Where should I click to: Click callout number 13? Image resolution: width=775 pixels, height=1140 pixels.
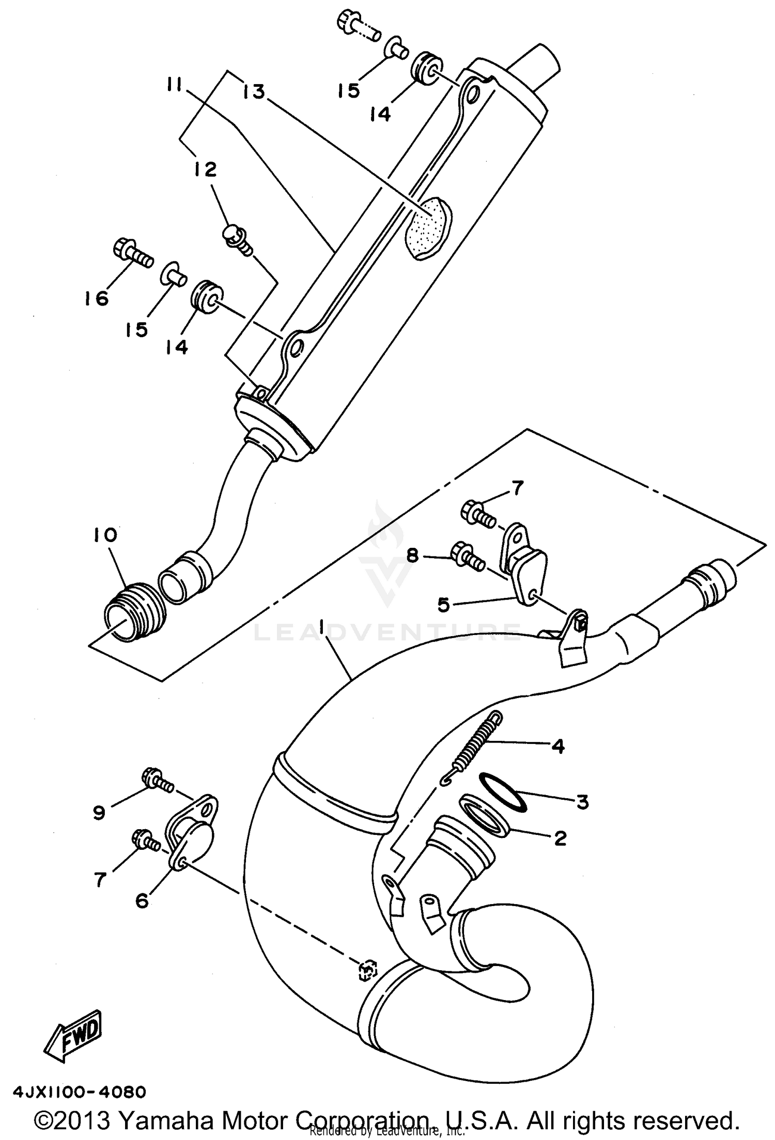254,92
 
